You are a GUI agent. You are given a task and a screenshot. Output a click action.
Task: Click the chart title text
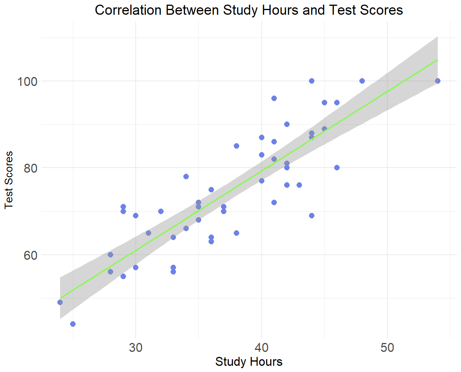coord(249,10)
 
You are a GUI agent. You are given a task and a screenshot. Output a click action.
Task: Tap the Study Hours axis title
coord(249,362)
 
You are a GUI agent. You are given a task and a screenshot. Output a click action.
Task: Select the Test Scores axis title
coord(9,180)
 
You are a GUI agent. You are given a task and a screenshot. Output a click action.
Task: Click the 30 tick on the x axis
coord(136,347)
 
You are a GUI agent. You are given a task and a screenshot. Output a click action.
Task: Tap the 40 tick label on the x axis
coord(262,347)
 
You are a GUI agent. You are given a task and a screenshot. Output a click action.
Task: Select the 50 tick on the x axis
coord(387,347)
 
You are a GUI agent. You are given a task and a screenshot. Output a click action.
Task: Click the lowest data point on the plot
coord(73,324)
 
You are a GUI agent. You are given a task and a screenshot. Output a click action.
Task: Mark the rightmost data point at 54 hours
coord(438,81)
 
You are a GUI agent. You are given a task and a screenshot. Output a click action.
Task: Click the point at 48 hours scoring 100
coord(362,81)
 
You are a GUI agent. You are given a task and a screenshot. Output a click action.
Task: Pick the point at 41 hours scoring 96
coord(274,98)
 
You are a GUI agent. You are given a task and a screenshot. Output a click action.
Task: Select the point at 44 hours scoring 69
coord(312,216)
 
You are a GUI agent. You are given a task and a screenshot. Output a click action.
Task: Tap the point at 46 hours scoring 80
coord(337,168)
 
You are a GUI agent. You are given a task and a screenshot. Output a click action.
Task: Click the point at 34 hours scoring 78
coord(186,177)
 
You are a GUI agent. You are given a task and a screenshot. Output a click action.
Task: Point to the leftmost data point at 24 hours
coord(60,302)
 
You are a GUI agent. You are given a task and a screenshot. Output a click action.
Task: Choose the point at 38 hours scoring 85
coord(237,146)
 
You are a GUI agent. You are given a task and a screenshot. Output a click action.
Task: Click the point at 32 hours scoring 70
coord(161,211)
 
